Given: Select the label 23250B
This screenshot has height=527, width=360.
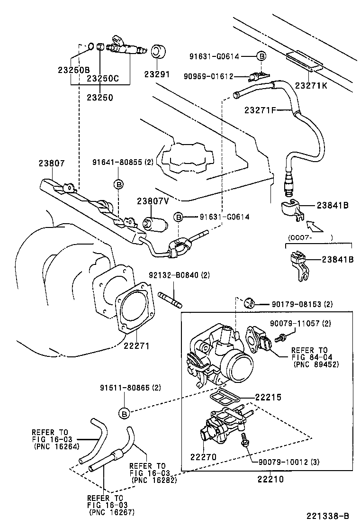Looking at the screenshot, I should click(73, 70).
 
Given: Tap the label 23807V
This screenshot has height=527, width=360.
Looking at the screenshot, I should click(153, 200).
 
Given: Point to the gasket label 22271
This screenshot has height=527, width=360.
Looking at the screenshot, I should click(137, 346).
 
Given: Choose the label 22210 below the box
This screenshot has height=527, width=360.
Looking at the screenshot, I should click(271, 479).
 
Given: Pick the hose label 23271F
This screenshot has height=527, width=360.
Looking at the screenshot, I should click(261, 110).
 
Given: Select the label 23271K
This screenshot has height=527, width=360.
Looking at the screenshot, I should click(311, 85).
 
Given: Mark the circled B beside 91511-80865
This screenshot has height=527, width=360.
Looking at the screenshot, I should click(124, 413).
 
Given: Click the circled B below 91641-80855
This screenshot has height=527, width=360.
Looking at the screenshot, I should click(118, 183).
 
